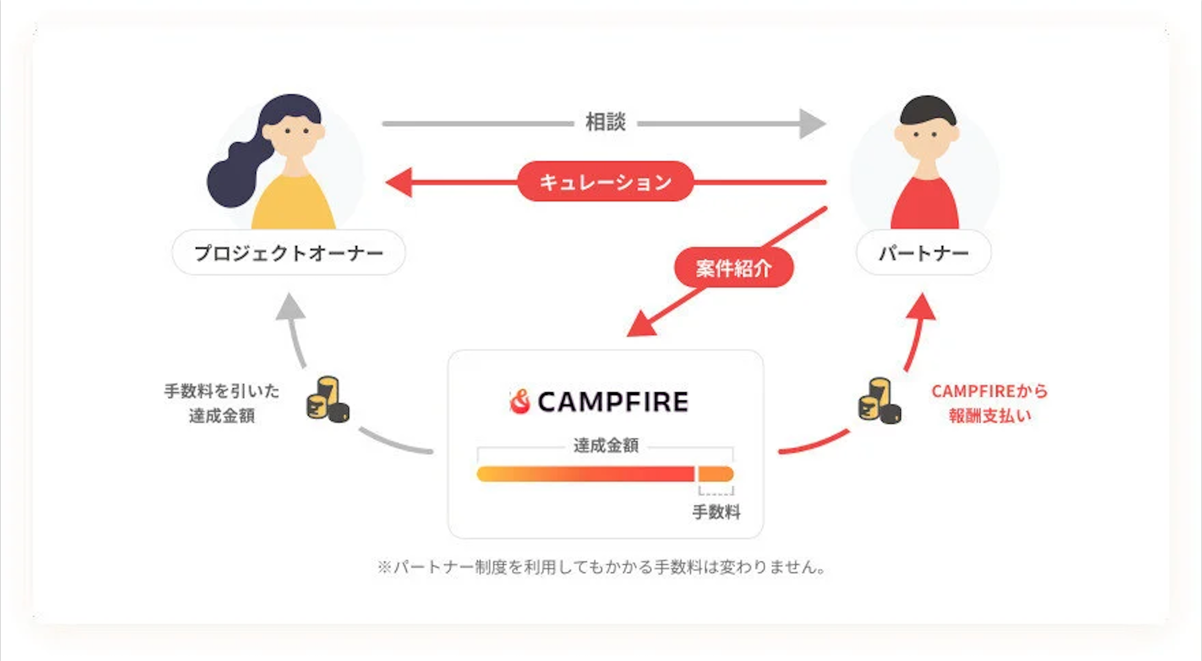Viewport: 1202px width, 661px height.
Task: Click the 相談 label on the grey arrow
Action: coord(605,122)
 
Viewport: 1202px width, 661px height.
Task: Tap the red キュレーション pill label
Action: coord(605,182)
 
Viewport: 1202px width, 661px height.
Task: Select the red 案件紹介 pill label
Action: coord(733,268)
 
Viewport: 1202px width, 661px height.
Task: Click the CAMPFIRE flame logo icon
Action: coord(520,401)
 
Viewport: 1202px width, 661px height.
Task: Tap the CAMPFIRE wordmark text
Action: coord(613,401)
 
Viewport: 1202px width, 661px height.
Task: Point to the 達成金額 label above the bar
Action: coord(605,445)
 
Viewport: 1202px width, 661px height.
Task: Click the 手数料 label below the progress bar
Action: coord(716,512)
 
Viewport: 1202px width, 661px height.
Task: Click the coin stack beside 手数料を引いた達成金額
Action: coord(327,400)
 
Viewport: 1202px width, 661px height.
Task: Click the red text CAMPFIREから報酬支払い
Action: coord(990,403)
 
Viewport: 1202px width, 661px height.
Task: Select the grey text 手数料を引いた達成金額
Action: coord(222,403)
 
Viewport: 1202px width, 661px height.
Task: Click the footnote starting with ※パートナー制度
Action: coord(601,567)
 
